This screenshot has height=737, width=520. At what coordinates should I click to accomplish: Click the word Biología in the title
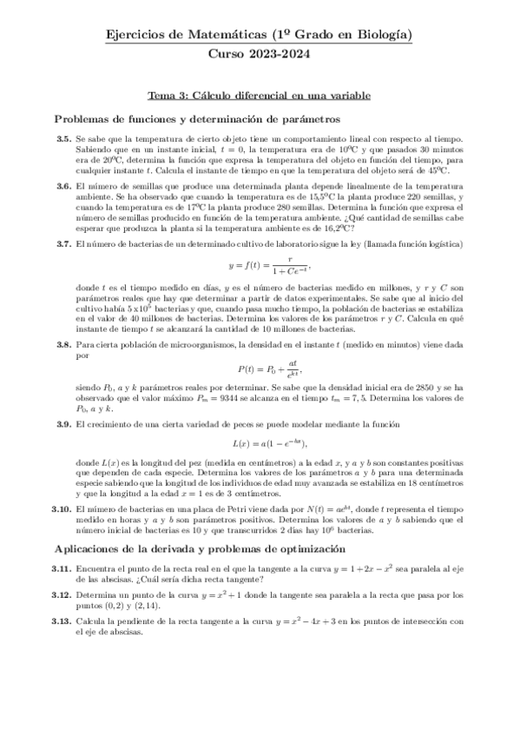point(385,36)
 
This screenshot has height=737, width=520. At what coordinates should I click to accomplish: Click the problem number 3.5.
point(63,138)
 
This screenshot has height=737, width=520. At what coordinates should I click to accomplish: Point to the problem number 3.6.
point(63,186)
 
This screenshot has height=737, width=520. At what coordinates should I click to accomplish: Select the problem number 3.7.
point(63,243)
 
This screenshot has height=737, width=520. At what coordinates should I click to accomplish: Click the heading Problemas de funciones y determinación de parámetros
point(196,118)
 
